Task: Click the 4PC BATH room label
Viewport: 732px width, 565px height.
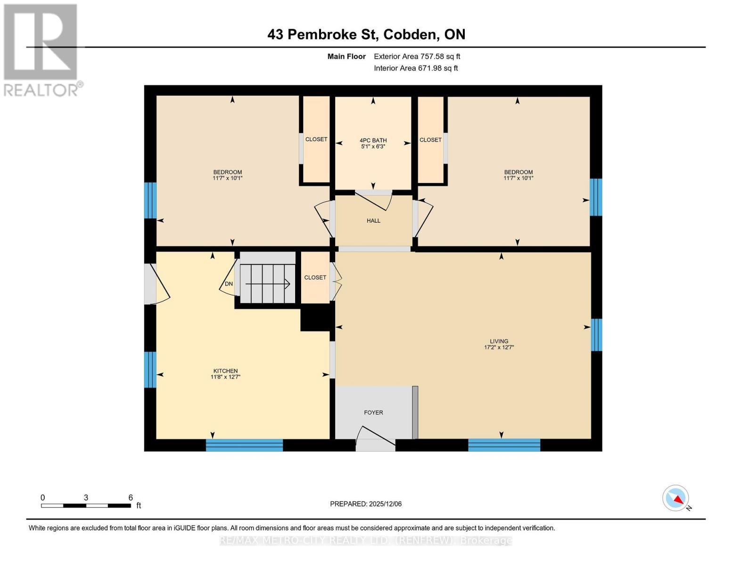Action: [x=373, y=140]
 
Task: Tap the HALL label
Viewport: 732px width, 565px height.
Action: [x=373, y=220]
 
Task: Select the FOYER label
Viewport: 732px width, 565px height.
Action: [x=373, y=412]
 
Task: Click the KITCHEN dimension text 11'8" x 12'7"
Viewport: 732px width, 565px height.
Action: [x=225, y=377]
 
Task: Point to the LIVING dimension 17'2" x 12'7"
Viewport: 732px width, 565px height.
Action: [x=499, y=347]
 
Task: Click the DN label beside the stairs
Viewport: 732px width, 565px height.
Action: [x=229, y=284]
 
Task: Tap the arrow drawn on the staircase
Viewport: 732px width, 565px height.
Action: [x=267, y=283]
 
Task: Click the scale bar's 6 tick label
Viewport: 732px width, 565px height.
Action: [x=131, y=498]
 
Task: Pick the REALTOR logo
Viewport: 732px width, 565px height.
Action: [x=41, y=49]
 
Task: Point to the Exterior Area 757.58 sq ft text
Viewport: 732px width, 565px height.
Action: [x=417, y=56]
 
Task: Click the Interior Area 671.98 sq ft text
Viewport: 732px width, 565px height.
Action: [x=416, y=68]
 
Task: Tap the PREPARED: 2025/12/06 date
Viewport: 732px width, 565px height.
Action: [x=366, y=504]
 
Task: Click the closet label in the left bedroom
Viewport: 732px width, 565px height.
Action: [x=316, y=139]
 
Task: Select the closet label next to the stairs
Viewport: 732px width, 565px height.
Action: [x=315, y=278]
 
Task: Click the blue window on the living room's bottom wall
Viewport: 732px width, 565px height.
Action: [x=504, y=445]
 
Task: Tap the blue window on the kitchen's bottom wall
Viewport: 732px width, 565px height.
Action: [x=244, y=445]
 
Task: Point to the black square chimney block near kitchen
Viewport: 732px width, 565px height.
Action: [x=315, y=318]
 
